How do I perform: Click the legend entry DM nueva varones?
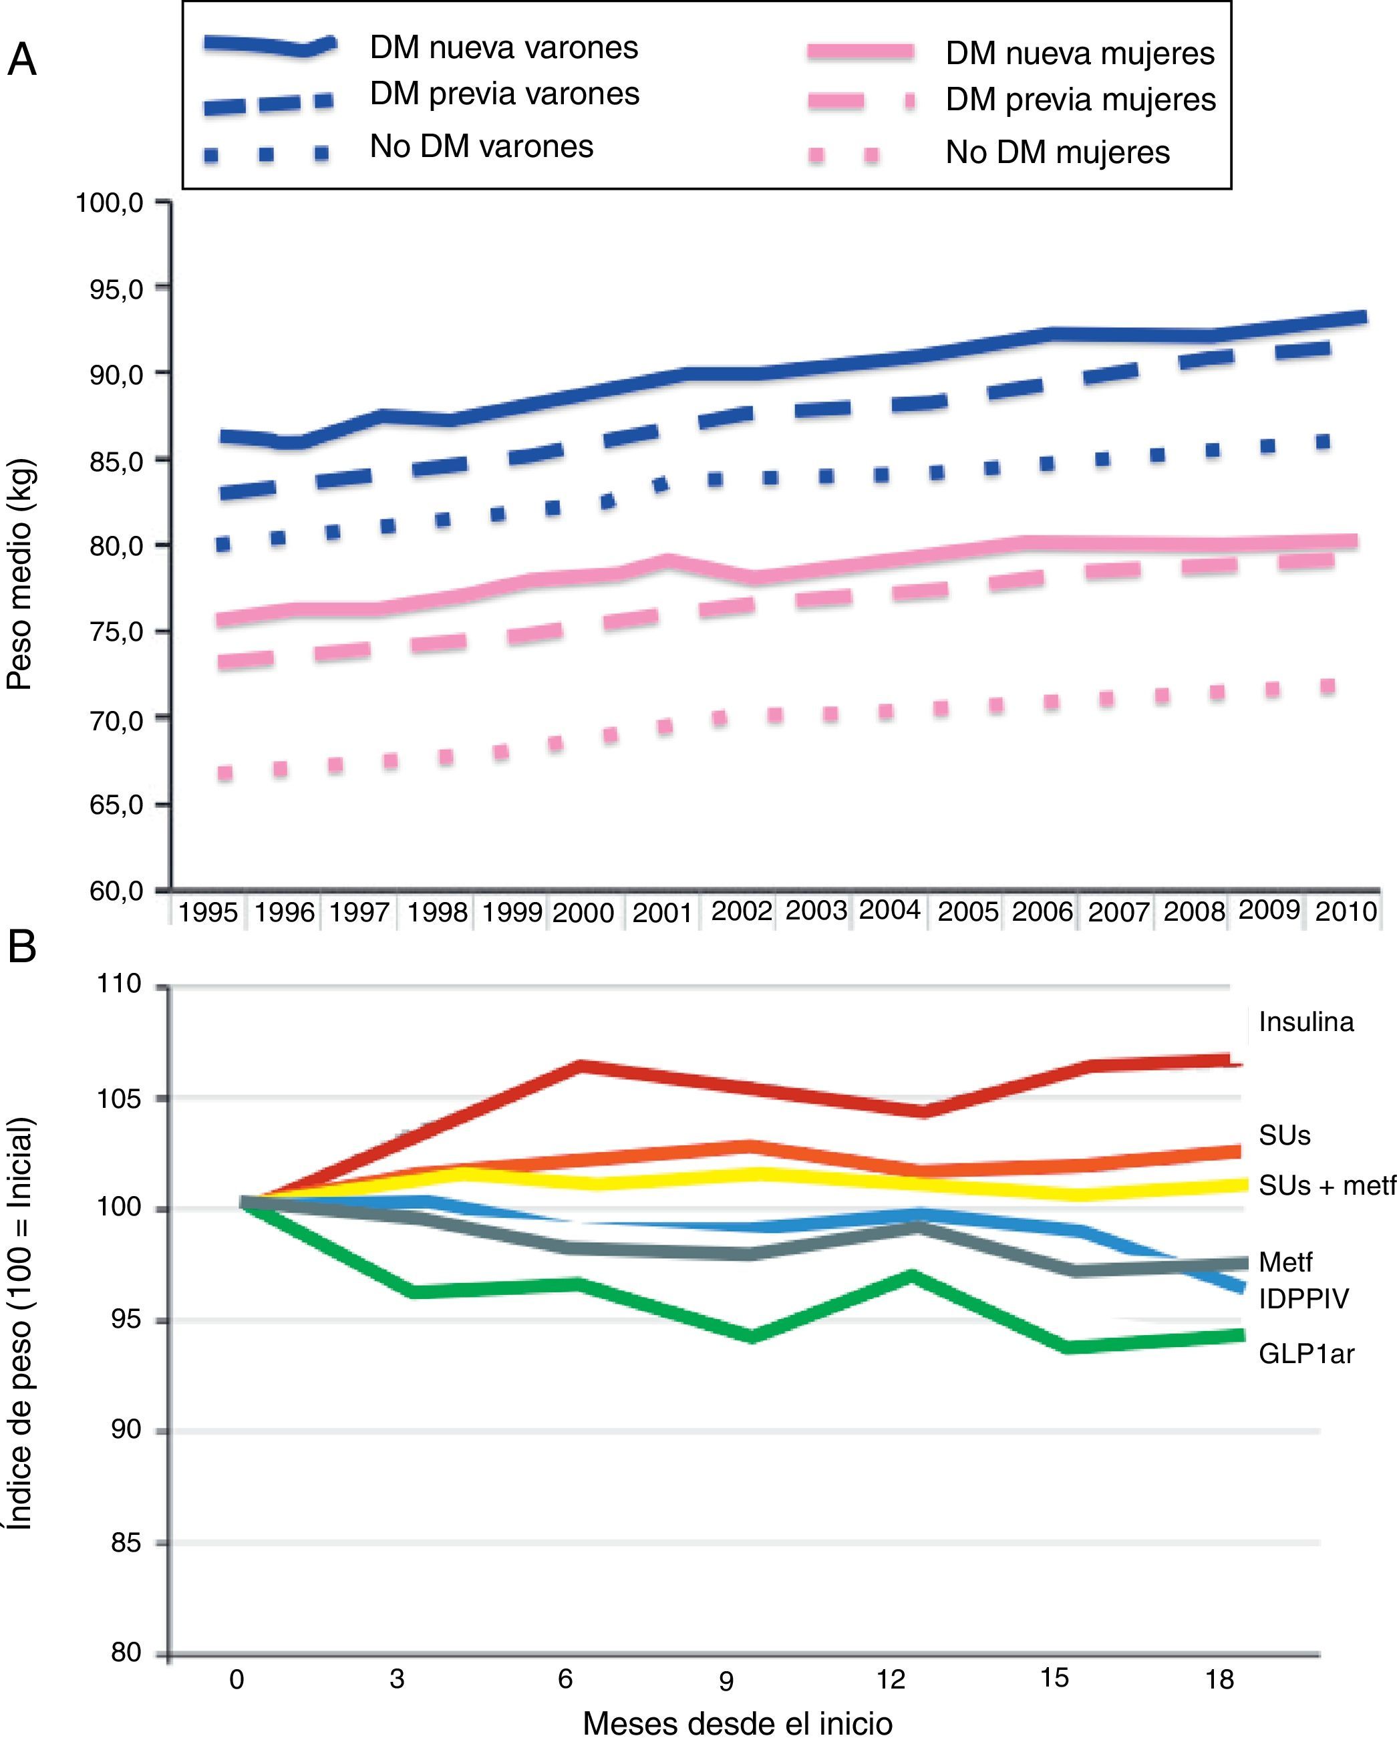pyautogui.click(x=503, y=47)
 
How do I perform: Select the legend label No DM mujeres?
pyautogui.click(x=1057, y=153)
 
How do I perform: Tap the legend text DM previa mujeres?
pyautogui.click(x=1080, y=100)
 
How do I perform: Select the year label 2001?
pyautogui.click(x=661, y=913)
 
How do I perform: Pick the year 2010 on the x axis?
pyautogui.click(x=1346, y=912)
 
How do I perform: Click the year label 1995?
pyautogui.click(x=208, y=913)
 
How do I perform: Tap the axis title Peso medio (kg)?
pyautogui.click(x=19, y=575)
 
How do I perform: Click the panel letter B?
pyautogui.click(x=22, y=947)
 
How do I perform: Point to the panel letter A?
pyautogui.click(x=22, y=59)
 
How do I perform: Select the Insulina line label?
pyautogui.click(x=1305, y=1022)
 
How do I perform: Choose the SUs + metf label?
pyautogui.click(x=1327, y=1185)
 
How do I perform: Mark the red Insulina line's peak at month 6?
pyautogui.click(x=580, y=1066)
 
